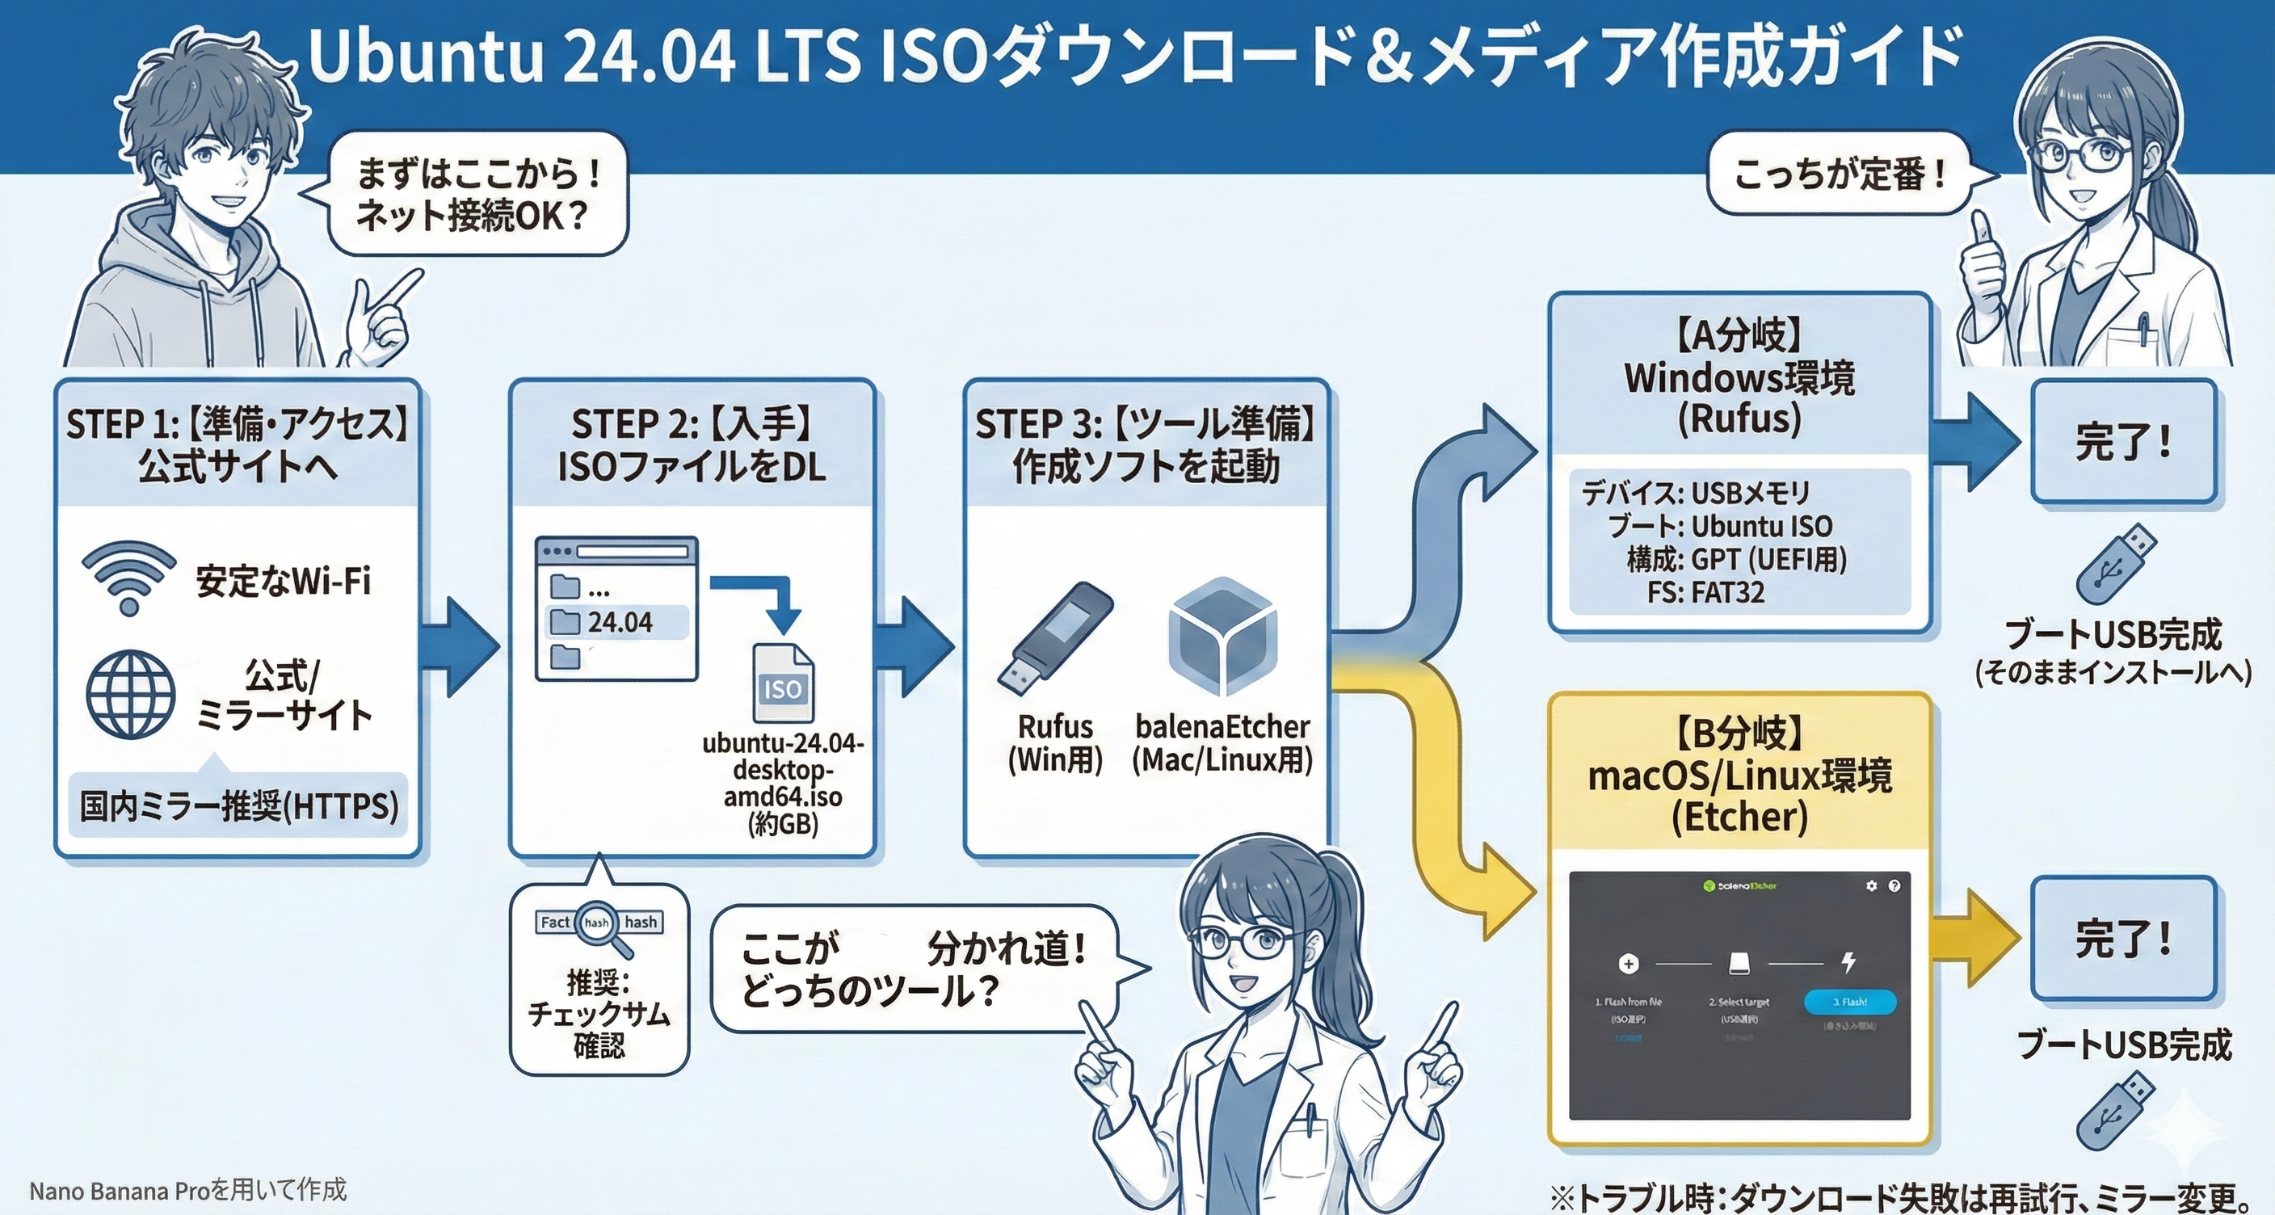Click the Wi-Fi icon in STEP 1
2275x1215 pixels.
coord(129,578)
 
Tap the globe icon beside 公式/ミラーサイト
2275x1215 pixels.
coord(130,695)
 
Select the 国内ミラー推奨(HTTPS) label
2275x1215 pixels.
coord(238,805)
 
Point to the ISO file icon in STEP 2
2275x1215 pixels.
coord(783,683)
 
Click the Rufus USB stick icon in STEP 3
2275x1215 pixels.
coord(1054,637)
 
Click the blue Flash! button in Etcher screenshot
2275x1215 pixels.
coord(1848,1003)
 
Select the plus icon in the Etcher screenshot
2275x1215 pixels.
coord(1629,963)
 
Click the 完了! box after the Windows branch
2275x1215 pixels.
coord(2123,442)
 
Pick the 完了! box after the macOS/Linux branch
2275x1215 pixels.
coord(2123,938)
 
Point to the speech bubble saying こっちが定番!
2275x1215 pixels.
coord(1840,174)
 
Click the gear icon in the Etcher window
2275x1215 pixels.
coord(1871,885)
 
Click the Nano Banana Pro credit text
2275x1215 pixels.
coord(188,1191)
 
